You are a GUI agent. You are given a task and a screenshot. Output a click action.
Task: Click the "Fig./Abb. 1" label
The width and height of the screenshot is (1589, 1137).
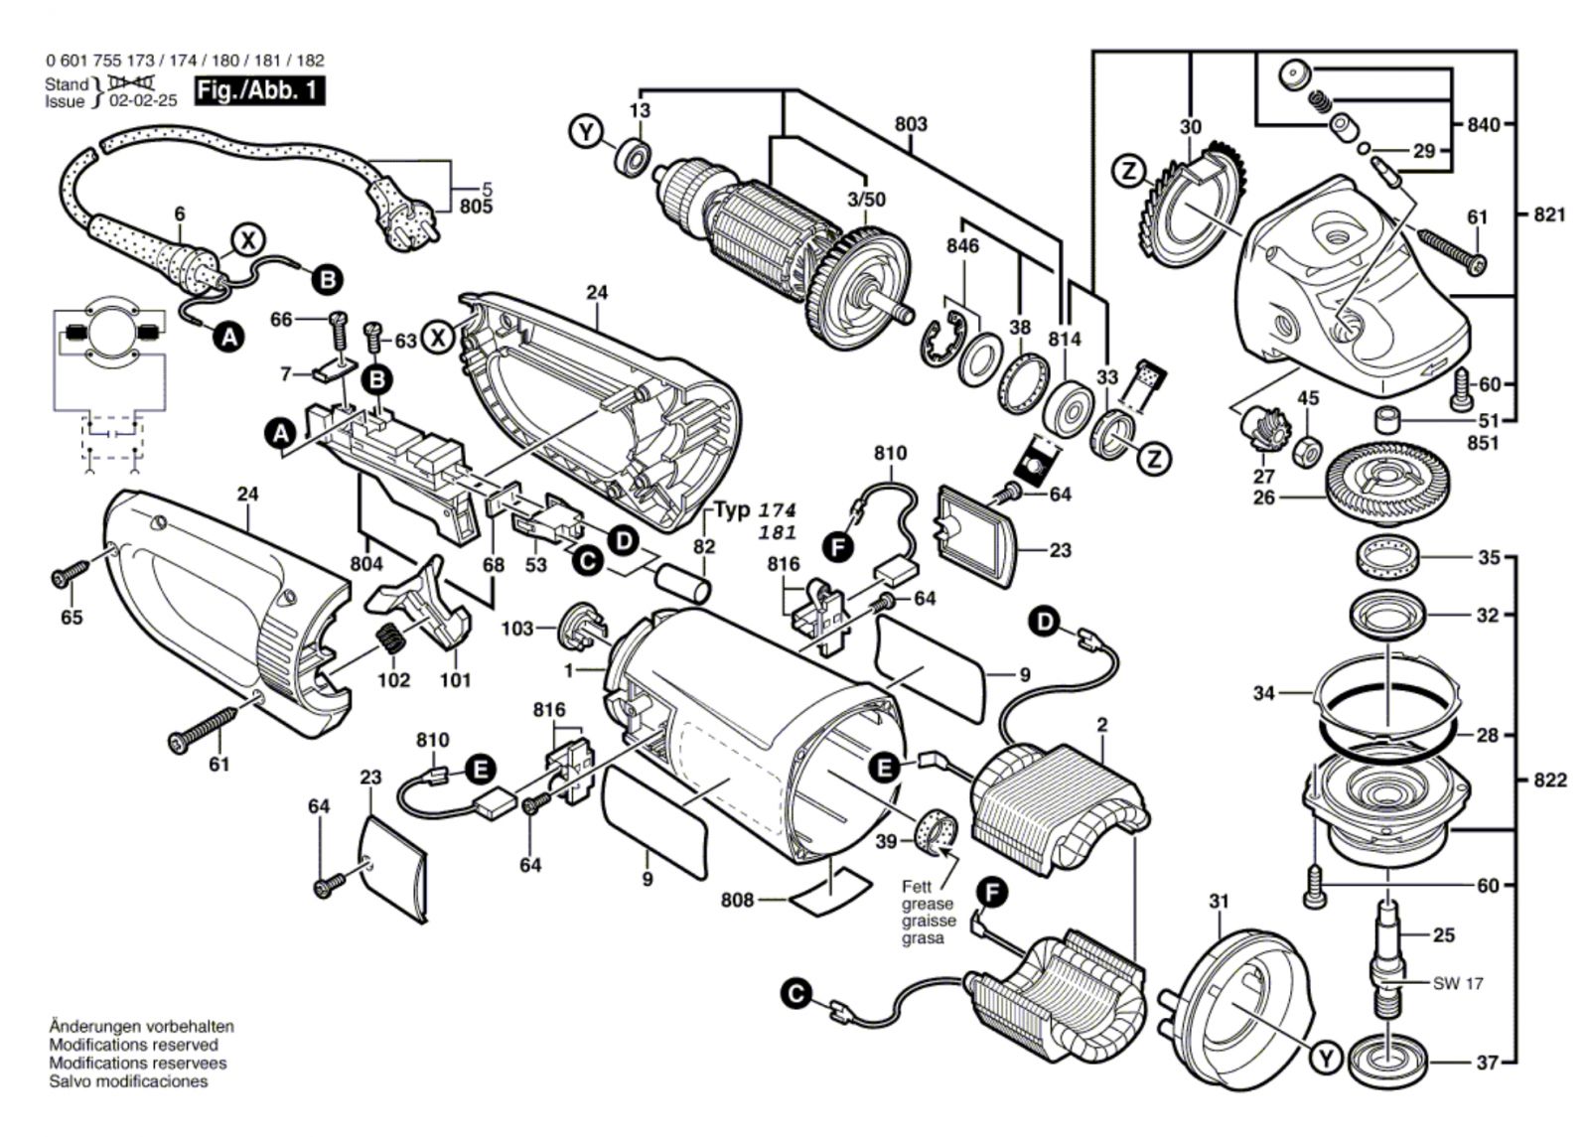pos(259,90)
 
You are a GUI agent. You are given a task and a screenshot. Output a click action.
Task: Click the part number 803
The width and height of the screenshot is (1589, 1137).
pos(911,124)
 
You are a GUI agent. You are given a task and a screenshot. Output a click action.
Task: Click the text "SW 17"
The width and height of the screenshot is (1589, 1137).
pos(1458,983)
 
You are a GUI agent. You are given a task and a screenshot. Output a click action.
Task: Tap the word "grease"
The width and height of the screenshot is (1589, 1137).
pos(928,904)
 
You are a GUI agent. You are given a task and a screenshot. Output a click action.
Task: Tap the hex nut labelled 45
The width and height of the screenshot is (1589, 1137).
pos(1307,450)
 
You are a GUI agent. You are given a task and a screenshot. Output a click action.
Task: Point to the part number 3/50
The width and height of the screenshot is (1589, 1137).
pos(866,200)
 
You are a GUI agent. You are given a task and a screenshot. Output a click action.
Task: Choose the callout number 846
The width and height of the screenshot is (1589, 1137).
pos(962,245)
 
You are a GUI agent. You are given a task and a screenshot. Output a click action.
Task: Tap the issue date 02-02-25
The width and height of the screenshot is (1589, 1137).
pos(144,100)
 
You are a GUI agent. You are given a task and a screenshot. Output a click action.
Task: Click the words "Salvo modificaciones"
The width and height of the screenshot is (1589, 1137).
pos(128,1081)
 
